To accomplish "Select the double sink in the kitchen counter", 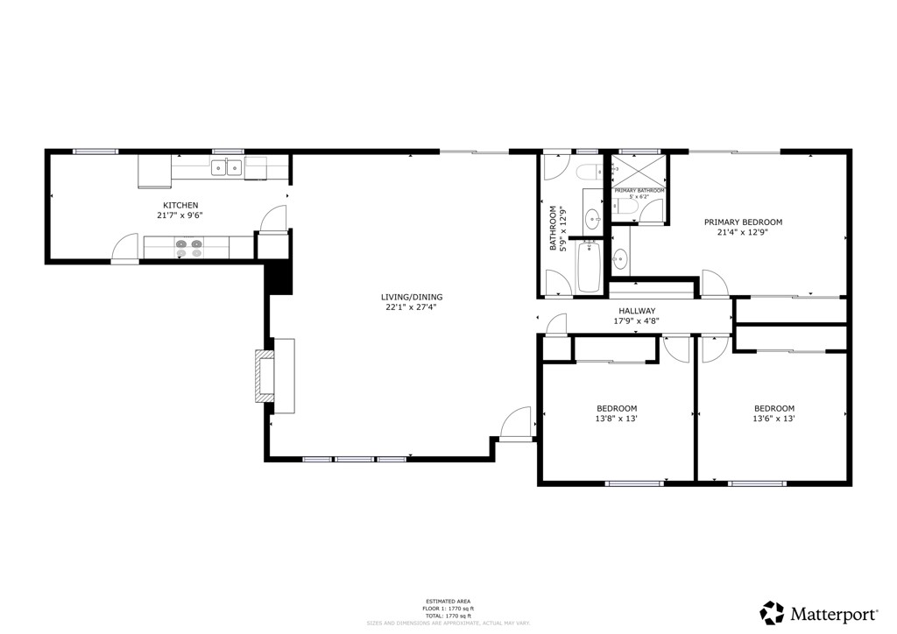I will pos(226,167).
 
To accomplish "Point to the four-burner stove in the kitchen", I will pos(188,249).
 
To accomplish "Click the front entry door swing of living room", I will pos(517,422).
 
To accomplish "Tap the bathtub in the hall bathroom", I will pos(588,267).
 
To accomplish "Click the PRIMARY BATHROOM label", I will pos(639,190).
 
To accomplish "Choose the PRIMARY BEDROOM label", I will pos(743,222).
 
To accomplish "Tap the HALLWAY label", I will pos(637,311).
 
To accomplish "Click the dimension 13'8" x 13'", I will pos(617,419).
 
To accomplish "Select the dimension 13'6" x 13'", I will pos(774,419).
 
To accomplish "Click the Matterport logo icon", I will pos(772,611).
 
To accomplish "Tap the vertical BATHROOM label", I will pos(554,229).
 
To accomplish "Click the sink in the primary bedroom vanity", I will pos(620,257).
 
